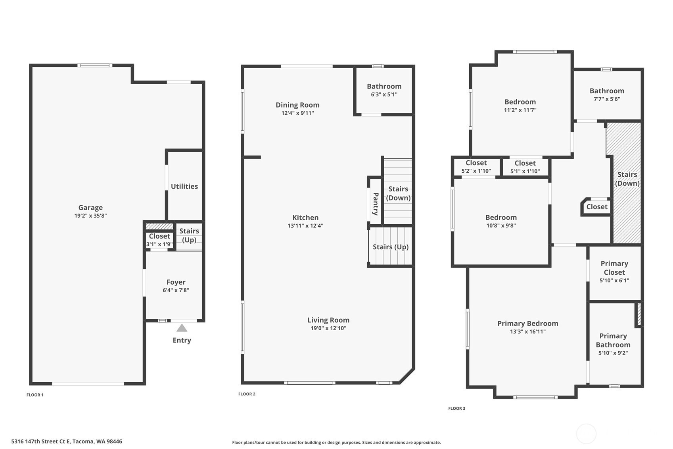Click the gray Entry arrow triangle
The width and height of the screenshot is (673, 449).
pyautogui.click(x=182, y=328)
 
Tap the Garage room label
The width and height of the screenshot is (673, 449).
pyautogui.click(x=90, y=208)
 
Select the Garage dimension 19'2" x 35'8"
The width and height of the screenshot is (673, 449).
pyautogui.click(x=90, y=216)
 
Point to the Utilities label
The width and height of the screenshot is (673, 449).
pyautogui.click(x=184, y=187)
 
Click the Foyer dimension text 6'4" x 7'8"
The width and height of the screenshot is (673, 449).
pyautogui.click(x=176, y=290)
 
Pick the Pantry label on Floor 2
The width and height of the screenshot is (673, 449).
pyautogui.click(x=375, y=204)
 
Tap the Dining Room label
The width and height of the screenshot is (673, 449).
pyautogui.click(x=297, y=105)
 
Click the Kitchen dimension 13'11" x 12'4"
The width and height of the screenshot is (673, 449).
pyautogui.click(x=305, y=226)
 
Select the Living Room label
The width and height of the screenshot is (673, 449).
pyautogui.click(x=328, y=320)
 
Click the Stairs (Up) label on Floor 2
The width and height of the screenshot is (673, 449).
pyautogui.click(x=391, y=247)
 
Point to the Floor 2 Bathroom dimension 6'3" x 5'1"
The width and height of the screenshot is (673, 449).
pyautogui.click(x=384, y=94)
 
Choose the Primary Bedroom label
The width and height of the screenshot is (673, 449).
pyautogui.click(x=527, y=324)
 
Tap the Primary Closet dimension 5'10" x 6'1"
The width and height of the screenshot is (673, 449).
pyautogui.click(x=614, y=281)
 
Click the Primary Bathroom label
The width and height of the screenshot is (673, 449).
pyautogui.click(x=613, y=341)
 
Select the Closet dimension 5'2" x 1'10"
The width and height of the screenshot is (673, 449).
pyautogui.click(x=476, y=171)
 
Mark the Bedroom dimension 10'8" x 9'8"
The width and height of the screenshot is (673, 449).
pyautogui.click(x=501, y=225)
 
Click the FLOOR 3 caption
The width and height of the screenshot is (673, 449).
pyautogui.click(x=457, y=409)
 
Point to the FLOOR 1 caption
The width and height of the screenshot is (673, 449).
pyautogui.click(x=35, y=395)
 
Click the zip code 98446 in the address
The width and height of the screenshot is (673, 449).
pyautogui.click(x=114, y=441)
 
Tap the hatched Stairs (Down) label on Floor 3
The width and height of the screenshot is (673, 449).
pyautogui.click(x=627, y=179)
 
